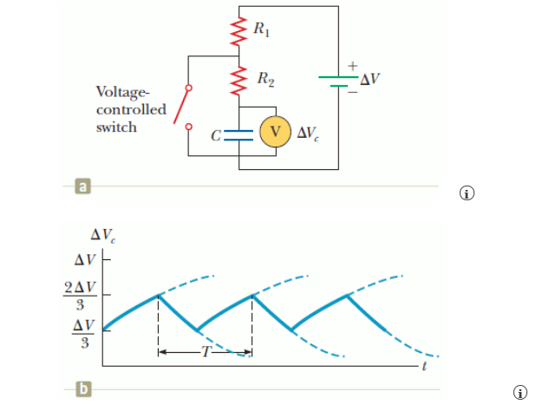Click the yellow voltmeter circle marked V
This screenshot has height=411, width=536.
coord(276,132)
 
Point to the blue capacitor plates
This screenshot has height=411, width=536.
coord(237,135)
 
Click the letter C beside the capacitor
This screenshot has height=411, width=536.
coord(216,135)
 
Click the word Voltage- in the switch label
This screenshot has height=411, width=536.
coord(122,91)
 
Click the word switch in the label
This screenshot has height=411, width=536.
coord(115,127)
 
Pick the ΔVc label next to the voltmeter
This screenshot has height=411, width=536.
coord(309,134)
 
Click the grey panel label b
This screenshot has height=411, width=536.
coord(83,389)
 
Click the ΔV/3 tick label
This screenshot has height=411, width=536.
coord(80,331)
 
